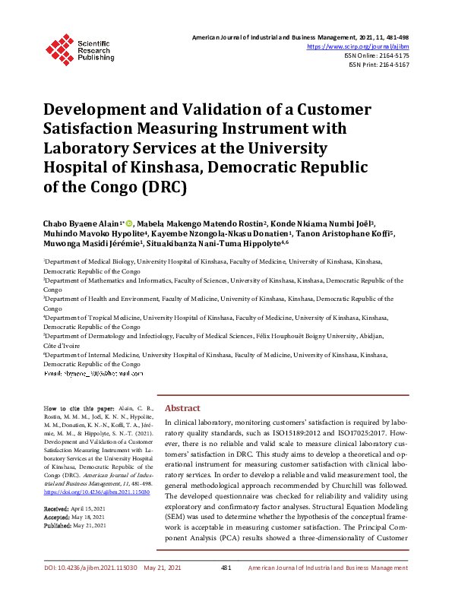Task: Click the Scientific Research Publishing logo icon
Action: point(58,46)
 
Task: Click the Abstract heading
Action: point(182,407)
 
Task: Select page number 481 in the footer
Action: point(226,589)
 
